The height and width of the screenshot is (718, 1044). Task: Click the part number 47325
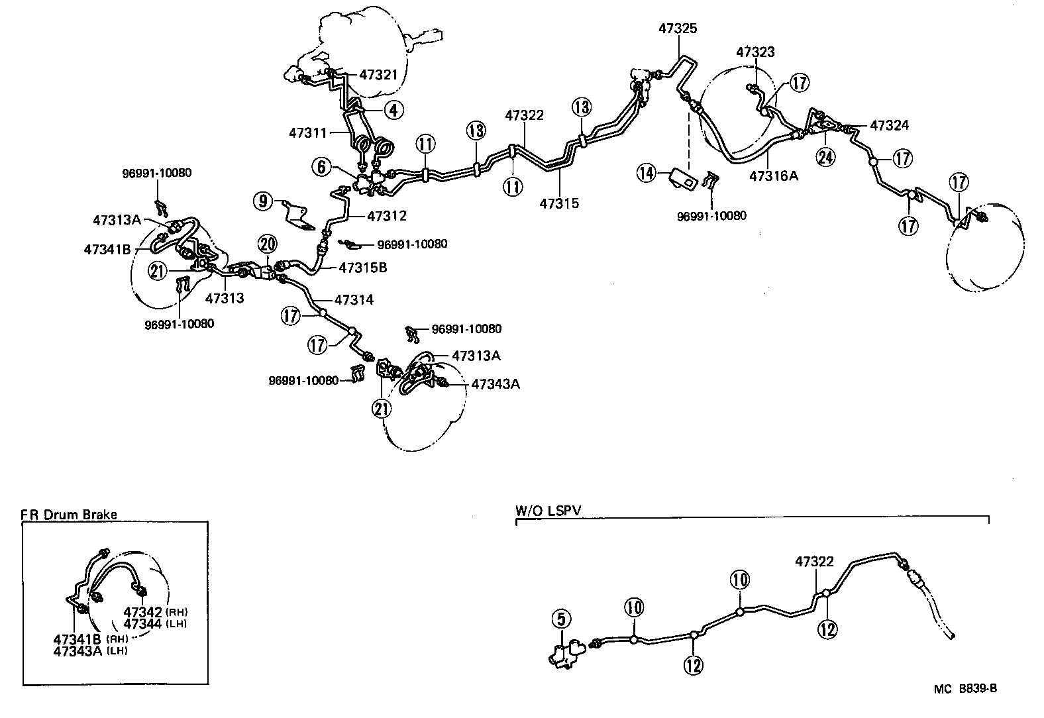pos(678,28)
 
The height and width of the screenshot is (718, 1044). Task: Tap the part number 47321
pos(379,74)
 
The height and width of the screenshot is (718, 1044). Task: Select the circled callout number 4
pos(393,110)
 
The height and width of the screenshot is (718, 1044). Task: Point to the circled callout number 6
pos(322,167)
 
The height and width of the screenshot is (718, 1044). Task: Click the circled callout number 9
pos(264,201)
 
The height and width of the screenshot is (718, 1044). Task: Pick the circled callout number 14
pos(646,174)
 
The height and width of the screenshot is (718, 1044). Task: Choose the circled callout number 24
pos(826,157)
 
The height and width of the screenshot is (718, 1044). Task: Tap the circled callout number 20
pos(268,245)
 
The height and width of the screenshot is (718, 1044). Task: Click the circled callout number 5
pos(560,621)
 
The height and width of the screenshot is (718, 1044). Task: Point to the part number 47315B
pos(363,268)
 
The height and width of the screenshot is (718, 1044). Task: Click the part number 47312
pos(386,216)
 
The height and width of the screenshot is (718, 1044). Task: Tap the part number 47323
pos(755,52)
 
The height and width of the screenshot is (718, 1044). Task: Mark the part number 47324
pos(889,125)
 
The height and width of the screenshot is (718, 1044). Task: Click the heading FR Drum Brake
pos(68,515)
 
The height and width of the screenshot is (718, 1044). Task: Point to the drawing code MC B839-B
pos(965,689)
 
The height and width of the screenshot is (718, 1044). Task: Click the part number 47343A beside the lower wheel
pos(495,384)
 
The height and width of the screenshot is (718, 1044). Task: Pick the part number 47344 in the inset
pos(142,623)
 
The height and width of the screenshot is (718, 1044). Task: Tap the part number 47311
pos(308,132)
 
